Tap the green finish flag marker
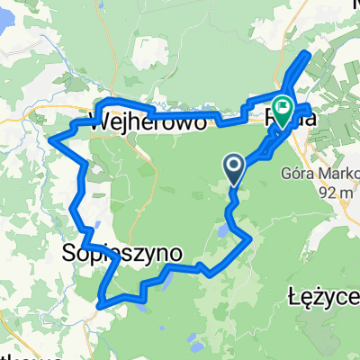pos(283,111)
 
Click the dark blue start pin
pos(233,166)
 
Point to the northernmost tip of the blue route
pos(310,55)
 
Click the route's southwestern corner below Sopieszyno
pos(100,303)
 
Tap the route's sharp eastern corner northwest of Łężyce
pos(248,238)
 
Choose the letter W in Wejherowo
pos(99,121)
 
